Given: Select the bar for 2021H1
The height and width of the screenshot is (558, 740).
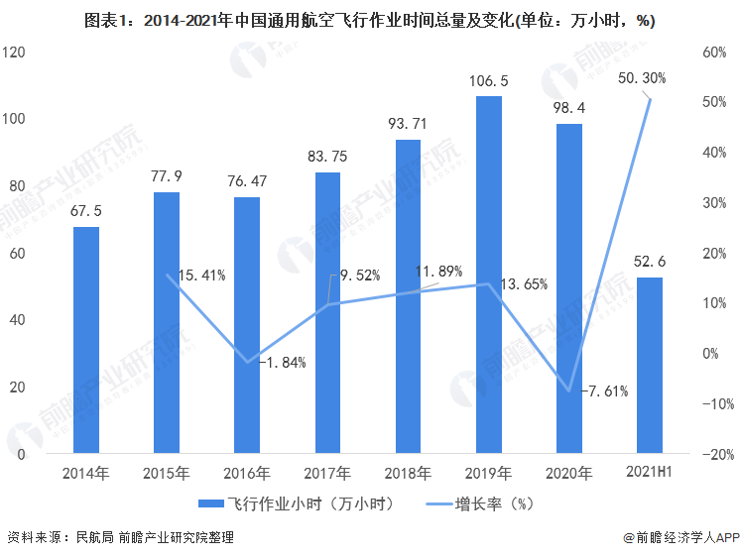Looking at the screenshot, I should pyautogui.click(x=649, y=367).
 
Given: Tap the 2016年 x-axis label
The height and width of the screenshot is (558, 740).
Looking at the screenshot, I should pyautogui.click(x=247, y=473).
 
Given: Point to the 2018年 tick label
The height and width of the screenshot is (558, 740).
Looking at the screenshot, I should pyautogui.click(x=408, y=473).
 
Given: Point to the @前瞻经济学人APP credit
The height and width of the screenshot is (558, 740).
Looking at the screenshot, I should pyautogui.click(x=681, y=537).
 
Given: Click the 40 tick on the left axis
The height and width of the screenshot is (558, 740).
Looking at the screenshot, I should pyautogui.click(x=17, y=320).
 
